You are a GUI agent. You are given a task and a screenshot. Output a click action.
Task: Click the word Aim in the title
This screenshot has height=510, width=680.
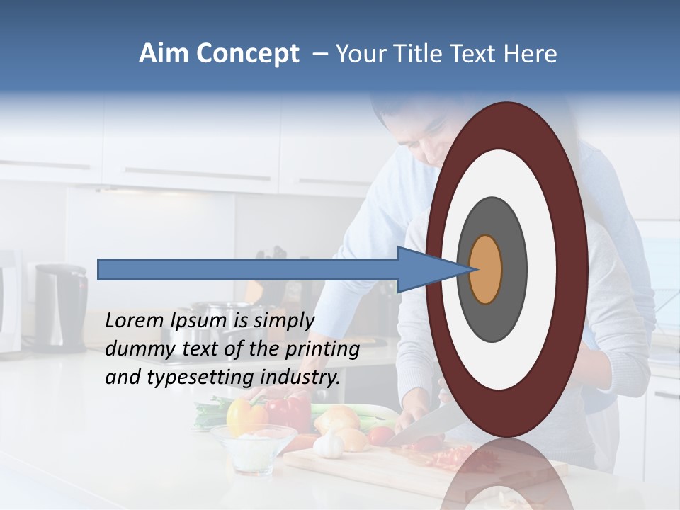[164, 54]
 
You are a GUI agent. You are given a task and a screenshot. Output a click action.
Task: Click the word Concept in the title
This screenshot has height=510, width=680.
[247, 54]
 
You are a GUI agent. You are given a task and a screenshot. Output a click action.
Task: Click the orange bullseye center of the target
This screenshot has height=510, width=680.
[486, 269]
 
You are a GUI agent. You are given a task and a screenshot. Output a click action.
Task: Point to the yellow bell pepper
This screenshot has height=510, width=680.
[241, 416]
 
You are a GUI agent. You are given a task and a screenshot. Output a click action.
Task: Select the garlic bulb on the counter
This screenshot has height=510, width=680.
[329, 445]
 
